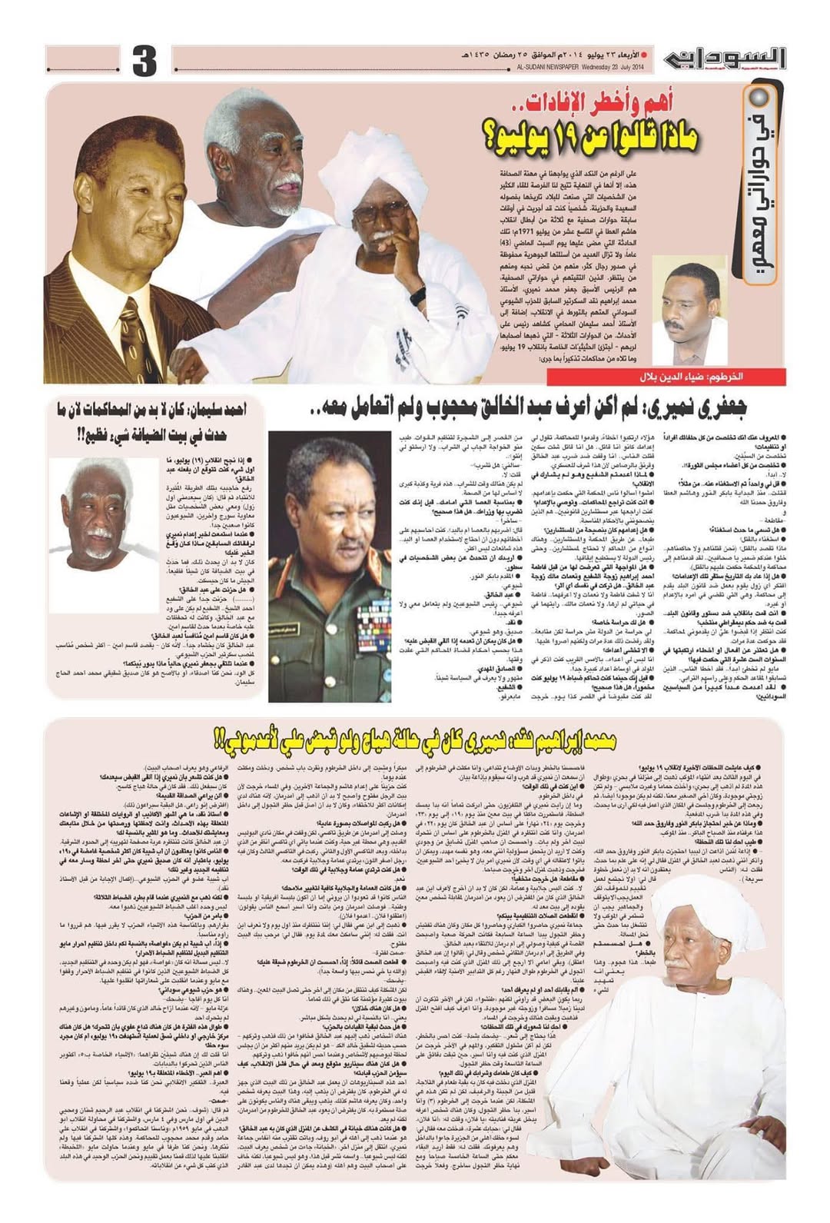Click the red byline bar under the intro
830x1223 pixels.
coord(666,377)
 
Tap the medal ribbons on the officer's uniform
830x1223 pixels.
coord(375,630)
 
